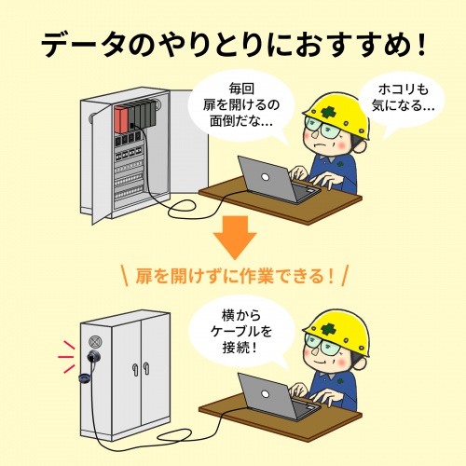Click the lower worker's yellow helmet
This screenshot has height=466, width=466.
331,322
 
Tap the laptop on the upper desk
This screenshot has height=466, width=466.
270,177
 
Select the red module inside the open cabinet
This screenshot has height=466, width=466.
120,118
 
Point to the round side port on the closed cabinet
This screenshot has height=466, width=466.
93,357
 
